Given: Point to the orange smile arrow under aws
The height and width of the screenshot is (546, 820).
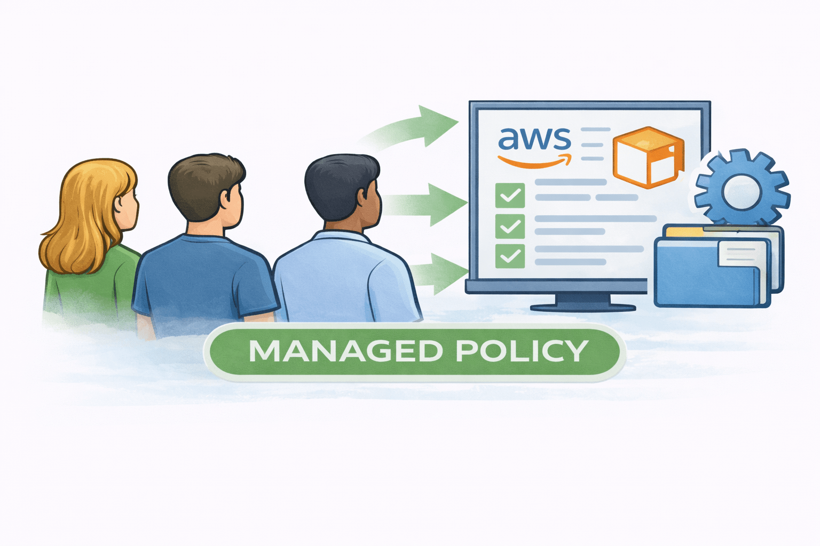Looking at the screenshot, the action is click(534, 160).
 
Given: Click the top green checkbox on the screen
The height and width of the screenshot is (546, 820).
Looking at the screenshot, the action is click(510, 196).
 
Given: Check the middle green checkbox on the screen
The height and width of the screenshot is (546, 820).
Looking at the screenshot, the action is click(510, 226).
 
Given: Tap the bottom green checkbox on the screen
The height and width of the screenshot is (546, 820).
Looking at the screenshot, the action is click(510, 256).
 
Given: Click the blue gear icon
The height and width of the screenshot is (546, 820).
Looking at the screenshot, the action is click(742, 187).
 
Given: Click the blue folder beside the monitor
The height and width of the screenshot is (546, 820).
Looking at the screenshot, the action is click(705, 277).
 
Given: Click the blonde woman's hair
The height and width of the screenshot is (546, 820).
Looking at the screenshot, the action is click(85, 213).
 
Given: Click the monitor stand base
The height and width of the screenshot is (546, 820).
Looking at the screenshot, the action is click(582, 307).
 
